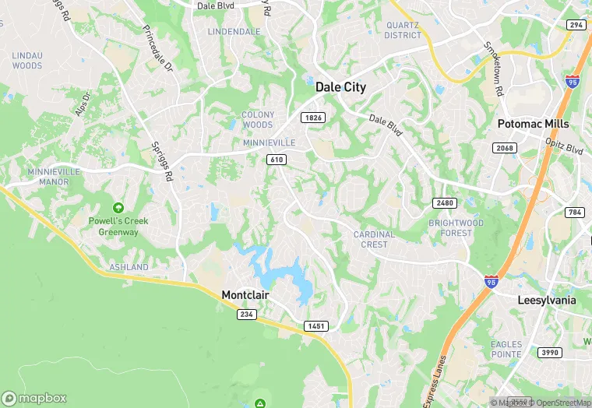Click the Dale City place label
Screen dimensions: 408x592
coord(340,88)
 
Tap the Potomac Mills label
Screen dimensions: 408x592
coord(534,124)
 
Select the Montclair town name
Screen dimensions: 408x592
coord(250,295)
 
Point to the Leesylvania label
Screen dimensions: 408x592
coord(547,300)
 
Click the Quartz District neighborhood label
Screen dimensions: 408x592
coord(403,30)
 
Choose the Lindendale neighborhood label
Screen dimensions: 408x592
coord(234,31)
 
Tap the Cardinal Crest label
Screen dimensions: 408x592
coord(374,239)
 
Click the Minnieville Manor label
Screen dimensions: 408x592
coord(48,177)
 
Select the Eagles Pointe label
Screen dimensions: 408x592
coord(506,349)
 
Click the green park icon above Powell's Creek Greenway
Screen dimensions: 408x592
coord(118,208)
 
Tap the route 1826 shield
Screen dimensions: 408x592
coord(314,118)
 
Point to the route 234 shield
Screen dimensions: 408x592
coord(247,314)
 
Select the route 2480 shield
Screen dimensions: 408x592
coord(443,203)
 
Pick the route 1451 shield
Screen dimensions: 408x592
coord(316,326)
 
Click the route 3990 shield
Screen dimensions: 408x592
coord(549,353)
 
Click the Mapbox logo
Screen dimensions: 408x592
coord(34,398)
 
